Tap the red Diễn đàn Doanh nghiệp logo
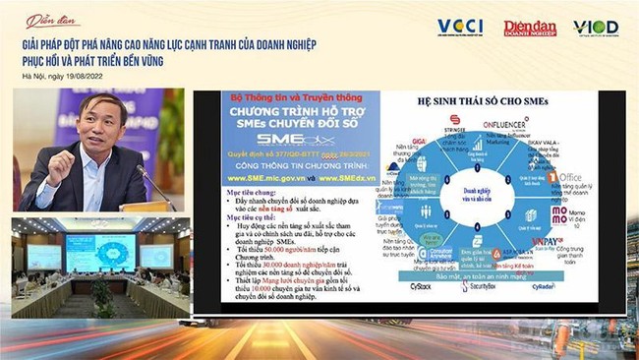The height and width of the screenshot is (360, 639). [x=530, y=29]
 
